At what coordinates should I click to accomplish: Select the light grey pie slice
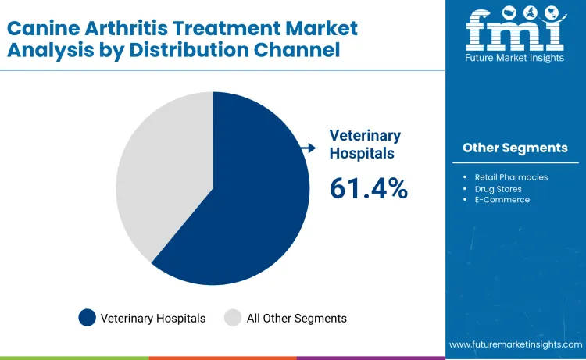tap(156, 172)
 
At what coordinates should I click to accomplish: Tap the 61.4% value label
tap(369, 188)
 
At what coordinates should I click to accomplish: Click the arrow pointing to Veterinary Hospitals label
tap(309, 148)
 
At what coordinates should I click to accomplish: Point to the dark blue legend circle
tap(87, 318)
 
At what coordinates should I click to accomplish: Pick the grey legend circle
tap(233, 318)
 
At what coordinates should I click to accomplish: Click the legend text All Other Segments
tap(296, 318)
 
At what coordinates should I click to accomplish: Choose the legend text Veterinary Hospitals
tap(152, 318)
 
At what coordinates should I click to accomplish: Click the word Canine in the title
tap(44, 28)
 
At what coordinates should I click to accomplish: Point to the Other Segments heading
tap(515, 148)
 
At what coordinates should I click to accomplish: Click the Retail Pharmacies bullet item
tap(511, 177)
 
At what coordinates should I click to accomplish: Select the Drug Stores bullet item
tap(498, 188)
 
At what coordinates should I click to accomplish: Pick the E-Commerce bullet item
tap(502, 200)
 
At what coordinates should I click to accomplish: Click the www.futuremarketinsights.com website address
tap(516, 344)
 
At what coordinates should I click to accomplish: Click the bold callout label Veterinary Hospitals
tap(365, 144)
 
